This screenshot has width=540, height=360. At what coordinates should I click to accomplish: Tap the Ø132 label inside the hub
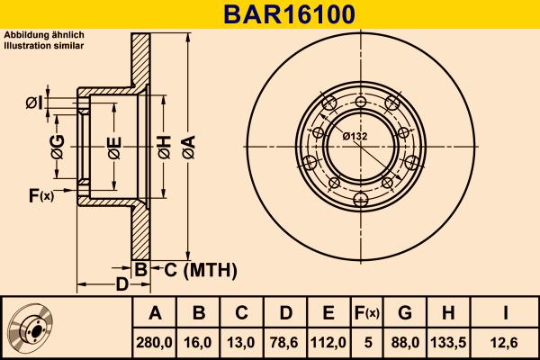(x=355, y=136)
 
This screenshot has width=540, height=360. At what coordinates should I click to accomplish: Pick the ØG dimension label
(x=57, y=147)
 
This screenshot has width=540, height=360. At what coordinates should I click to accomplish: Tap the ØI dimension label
(x=33, y=103)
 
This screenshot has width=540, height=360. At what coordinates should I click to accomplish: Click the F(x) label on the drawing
(x=41, y=195)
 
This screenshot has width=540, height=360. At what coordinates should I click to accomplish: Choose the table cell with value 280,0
(x=155, y=343)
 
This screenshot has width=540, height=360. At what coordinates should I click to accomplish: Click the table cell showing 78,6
(x=285, y=343)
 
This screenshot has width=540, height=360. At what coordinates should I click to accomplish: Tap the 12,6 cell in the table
(x=507, y=343)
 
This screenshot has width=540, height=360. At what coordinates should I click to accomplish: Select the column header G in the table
(x=404, y=313)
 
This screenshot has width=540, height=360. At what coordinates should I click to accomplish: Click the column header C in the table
(x=241, y=313)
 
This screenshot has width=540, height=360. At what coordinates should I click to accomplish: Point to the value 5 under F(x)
(x=365, y=343)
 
